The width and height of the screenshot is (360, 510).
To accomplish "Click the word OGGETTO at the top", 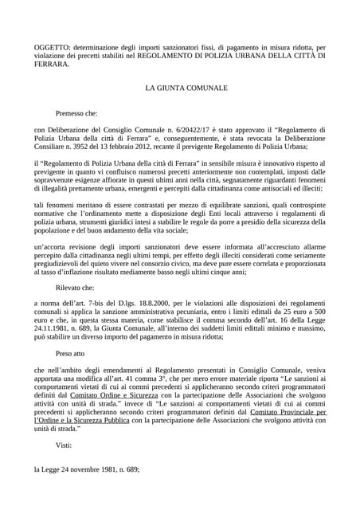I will click(52, 48).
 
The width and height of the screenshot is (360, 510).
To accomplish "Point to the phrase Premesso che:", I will click(79, 114).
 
